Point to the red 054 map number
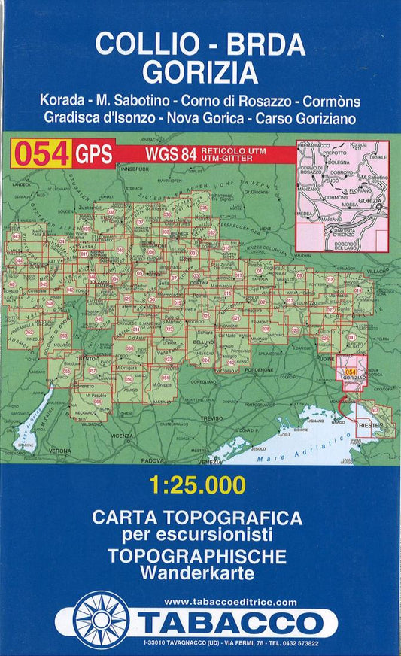41,153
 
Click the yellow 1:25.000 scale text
200,487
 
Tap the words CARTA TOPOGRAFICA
197,518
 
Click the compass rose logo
102,621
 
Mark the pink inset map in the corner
342,195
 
